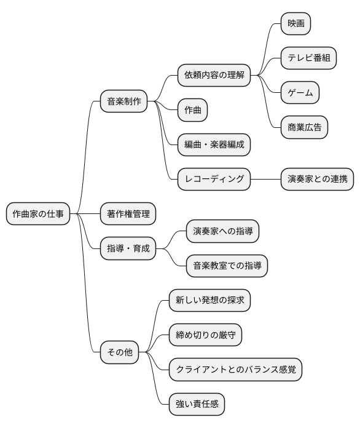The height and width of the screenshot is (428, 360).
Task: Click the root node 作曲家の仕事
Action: click(x=37, y=214)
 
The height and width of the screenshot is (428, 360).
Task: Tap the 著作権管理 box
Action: click(x=128, y=214)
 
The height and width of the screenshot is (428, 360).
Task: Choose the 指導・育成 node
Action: click(x=128, y=248)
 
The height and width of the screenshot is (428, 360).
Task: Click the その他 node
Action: click(x=119, y=353)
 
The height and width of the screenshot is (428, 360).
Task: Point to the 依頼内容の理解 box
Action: click(x=214, y=76)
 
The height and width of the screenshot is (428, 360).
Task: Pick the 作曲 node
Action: click(x=192, y=111)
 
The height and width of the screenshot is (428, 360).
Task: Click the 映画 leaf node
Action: click(x=295, y=24)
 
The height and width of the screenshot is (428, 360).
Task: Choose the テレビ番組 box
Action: click(x=308, y=58)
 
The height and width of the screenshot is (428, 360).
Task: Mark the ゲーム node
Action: click(x=300, y=93)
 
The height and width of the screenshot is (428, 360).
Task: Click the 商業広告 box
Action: click(x=304, y=127)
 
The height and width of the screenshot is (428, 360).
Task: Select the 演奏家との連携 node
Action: click(x=317, y=180)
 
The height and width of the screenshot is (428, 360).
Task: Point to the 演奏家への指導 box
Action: click(x=222, y=231)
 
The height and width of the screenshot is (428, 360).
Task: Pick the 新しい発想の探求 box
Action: click(x=209, y=301)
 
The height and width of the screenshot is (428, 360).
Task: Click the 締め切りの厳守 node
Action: click(x=205, y=335)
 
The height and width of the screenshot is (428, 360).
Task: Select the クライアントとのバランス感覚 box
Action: click(x=235, y=370)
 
